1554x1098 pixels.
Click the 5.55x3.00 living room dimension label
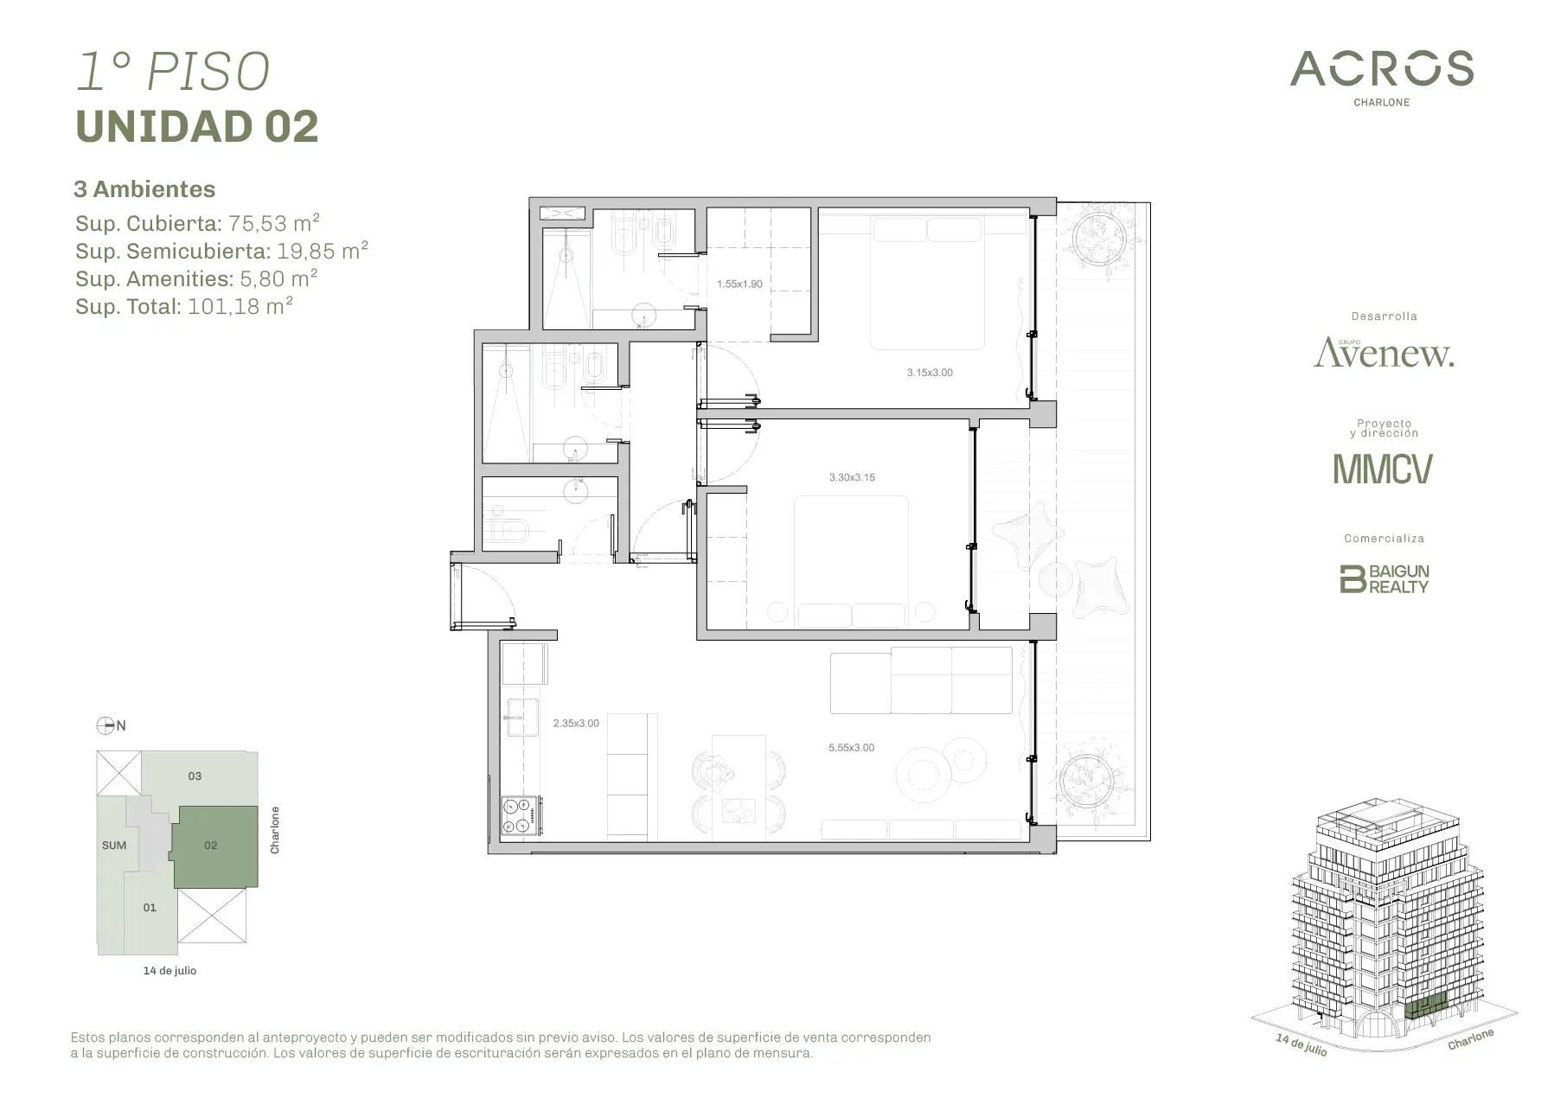click(x=851, y=748)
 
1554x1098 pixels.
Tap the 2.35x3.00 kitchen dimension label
click(x=576, y=724)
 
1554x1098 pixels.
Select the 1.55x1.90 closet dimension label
click(x=739, y=284)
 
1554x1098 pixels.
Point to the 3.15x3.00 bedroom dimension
click(x=930, y=373)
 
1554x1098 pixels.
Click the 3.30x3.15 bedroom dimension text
click(x=852, y=477)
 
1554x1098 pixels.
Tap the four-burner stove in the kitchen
click(x=521, y=815)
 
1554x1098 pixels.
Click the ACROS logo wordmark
click(x=1382, y=69)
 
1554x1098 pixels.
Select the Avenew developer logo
click(x=1384, y=353)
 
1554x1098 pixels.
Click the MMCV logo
click(x=1383, y=469)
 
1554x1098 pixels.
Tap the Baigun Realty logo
click(x=1384, y=578)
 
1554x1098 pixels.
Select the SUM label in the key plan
click(x=114, y=846)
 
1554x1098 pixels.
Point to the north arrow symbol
click(x=106, y=725)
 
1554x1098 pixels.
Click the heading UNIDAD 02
click(x=197, y=126)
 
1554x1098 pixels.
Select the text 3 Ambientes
click(x=144, y=189)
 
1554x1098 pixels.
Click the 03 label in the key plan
click(x=195, y=776)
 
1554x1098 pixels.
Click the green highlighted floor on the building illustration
click(x=1424, y=1007)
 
